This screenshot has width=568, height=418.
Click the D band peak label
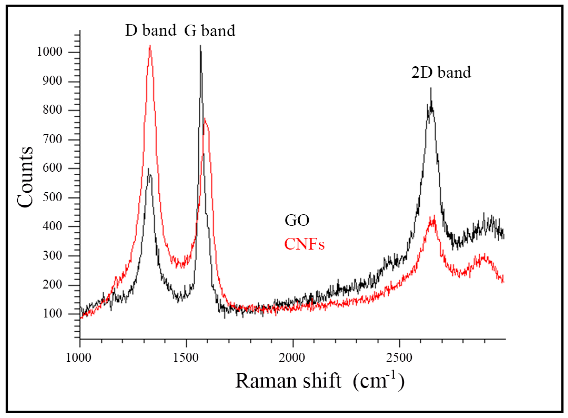(x=150, y=31)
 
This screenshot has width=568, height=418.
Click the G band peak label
(x=209, y=31)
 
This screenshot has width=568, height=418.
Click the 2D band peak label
(x=441, y=72)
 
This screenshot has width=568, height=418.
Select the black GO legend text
(x=297, y=220)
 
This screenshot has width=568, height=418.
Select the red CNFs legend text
(x=304, y=244)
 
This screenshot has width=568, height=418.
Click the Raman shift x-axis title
(x=319, y=381)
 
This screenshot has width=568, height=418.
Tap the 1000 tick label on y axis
(x=49, y=52)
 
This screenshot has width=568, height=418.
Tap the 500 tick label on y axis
(x=52, y=197)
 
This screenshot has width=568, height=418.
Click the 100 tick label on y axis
(x=52, y=314)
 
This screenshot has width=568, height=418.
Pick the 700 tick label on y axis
(x=52, y=139)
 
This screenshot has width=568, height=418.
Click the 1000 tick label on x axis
(x=78, y=358)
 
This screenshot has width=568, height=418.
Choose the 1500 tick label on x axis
(x=186, y=358)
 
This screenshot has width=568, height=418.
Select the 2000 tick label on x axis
(x=292, y=358)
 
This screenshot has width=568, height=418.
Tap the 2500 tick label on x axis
(x=399, y=358)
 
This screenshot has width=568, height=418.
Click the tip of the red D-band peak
(x=150, y=46)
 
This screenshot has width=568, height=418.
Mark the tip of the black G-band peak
(x=200, y=46)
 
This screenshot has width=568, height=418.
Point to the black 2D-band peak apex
(x=431, y=88)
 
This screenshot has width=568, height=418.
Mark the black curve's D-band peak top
(x=148, y=169)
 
